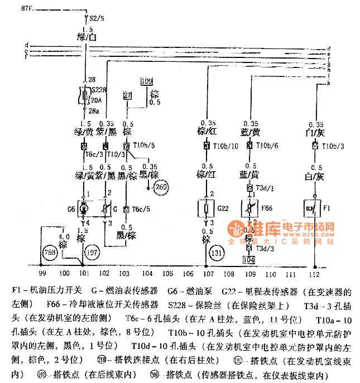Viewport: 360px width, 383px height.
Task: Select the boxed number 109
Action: point(146,81)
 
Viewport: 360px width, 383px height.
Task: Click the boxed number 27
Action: point(128,96)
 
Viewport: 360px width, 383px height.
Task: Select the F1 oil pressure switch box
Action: point(310,209)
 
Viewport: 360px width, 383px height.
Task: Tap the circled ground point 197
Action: point(92,253)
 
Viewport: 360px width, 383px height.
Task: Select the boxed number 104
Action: point(249,259)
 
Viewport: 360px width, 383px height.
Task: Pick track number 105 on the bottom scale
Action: point(168,274)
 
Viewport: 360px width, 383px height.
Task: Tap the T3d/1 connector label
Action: point(262,188)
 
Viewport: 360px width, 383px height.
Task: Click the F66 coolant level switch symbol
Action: point(250,209)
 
